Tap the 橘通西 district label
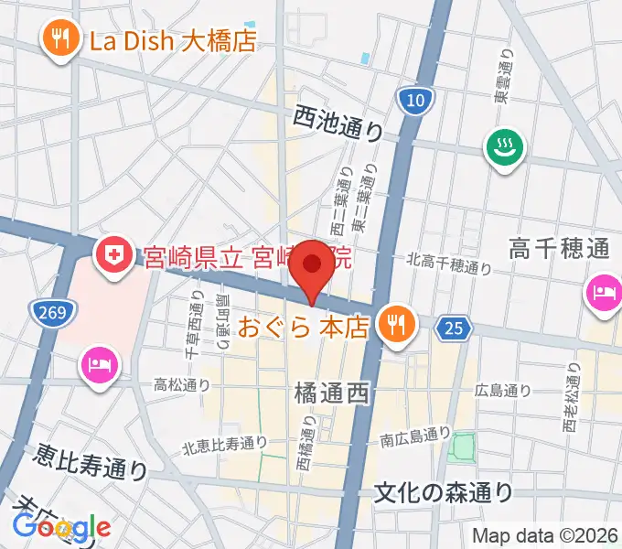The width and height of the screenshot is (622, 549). pyautogui.click(x=331, y=393)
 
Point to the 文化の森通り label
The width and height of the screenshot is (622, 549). pyautogui.click(x=444, y=492)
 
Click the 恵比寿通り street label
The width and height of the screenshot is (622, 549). pyautogui.click(x=91, y=461)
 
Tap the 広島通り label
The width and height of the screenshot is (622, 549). pyautogui.click(x=502, y=391)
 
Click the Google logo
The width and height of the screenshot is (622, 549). pyautogui.click(x=62, y=527)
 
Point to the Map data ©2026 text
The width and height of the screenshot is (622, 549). pyautogui.click(x=543, y=535)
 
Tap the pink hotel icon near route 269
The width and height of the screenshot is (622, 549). pyautogui.click(x=98, y=367)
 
